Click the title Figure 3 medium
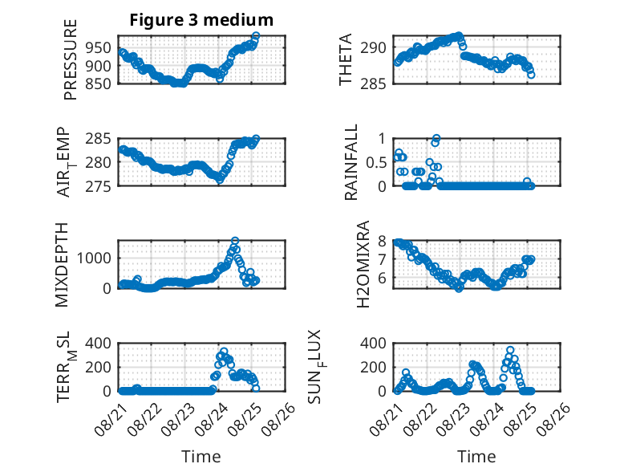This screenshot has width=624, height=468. tap(201, 19)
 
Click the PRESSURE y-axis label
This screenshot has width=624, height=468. tap(70, 59)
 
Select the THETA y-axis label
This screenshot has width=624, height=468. tap(346, 59)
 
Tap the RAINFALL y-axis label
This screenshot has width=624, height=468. tap(351, 161)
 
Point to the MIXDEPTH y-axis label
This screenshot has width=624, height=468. tap(62, 265)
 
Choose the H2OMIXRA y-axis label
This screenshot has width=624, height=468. tap(363, 264)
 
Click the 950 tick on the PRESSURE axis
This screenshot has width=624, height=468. tap(99, 48)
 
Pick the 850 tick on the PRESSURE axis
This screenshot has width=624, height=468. tap(99, 83)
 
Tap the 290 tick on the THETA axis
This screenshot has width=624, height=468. tap(373, 48)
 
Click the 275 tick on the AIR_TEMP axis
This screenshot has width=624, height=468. tap(99, 186)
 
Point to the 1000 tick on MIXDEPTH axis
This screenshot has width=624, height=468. tap(94, 258)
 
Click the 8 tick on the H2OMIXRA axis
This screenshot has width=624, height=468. tap(383, 241)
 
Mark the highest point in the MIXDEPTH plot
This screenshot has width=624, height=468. tap(235, 241)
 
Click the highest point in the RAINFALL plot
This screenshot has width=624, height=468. tap(436, 139)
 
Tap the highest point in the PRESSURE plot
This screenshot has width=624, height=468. tap(256, 36)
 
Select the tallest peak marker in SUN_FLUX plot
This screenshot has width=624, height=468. tap(510, 350)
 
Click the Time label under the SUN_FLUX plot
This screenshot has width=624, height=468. tap(476, 456)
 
